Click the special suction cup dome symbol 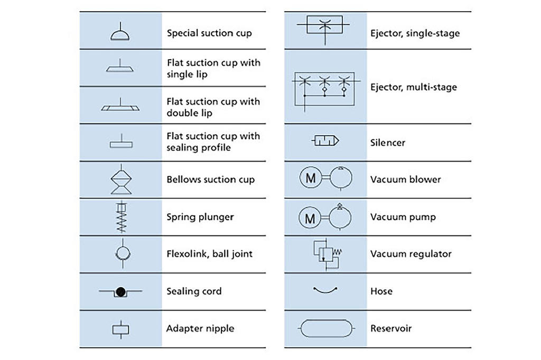coord(120,35)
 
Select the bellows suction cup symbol coord(121,179)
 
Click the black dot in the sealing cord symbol coord(120,292)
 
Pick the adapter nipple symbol coord(121,329)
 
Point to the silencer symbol coord(325,141)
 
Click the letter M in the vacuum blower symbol coord(311,178)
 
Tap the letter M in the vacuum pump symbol coord(310,218)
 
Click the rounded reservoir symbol coord(327,337)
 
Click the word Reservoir coord(391,328)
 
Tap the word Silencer coord(388,143)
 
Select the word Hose coord(381,291)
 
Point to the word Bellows coord(184,179)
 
